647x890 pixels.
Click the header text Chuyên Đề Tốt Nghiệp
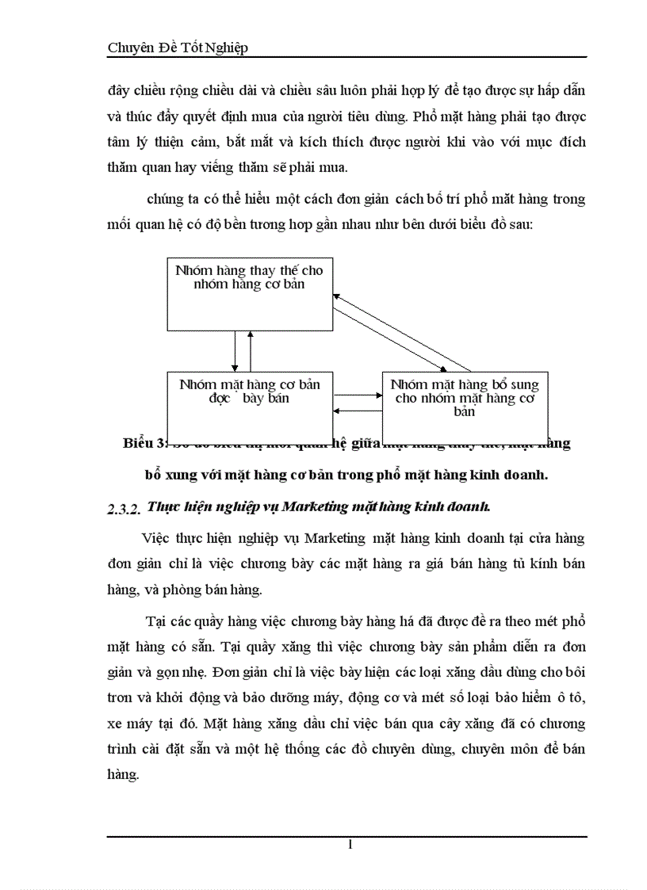178,48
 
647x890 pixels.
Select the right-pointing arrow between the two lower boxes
358,395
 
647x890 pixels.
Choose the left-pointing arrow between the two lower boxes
358,411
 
